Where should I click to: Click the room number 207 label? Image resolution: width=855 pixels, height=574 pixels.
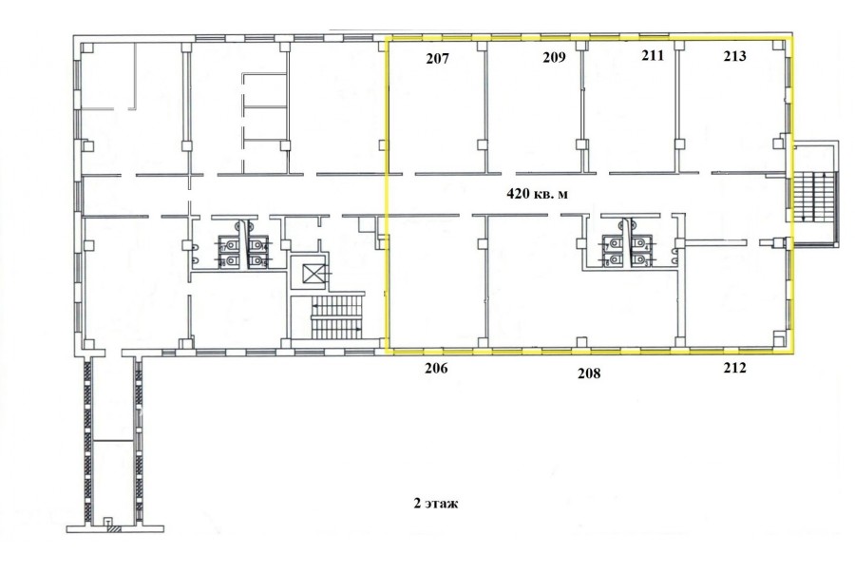pyautogui.click(x=437, y=58)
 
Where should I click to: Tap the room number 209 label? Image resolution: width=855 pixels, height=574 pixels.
pyautogui.click(x=554, y=57)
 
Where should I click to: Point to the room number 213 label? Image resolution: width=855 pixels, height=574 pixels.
pyautogui.click(x=734, y=56)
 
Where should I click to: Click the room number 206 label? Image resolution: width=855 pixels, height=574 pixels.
pyautogui.click(x=436, y=369)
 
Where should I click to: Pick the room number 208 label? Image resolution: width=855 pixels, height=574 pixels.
pyautogui.click(x=589, y=373)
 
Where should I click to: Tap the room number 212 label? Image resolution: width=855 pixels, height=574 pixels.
pyautogui.click(x=734, y=369)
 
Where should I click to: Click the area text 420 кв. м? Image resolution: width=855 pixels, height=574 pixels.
pyautogui.click(x=537, y=193)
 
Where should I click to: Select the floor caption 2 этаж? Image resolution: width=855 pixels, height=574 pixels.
pyautogui.click(x=436, y=503)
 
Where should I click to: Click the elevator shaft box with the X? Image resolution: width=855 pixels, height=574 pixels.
pyautogui.click(x=314, y=272)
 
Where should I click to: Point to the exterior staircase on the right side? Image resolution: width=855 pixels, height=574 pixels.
pyautogui.click(x=812, y=197)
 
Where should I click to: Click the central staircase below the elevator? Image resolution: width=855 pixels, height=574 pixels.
pyautogui.click(x=336, y=317)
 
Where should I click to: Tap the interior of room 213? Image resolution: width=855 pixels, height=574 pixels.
pyautogui.click(x=731, y=109)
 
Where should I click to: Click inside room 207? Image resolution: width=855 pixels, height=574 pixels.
pyautogui.click(x=435, y=109)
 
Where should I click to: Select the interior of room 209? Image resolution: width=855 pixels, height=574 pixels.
pyautogui.click(x=533, y=109)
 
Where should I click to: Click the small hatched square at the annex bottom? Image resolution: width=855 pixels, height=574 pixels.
pyautogui.click(x=113, y=528)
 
